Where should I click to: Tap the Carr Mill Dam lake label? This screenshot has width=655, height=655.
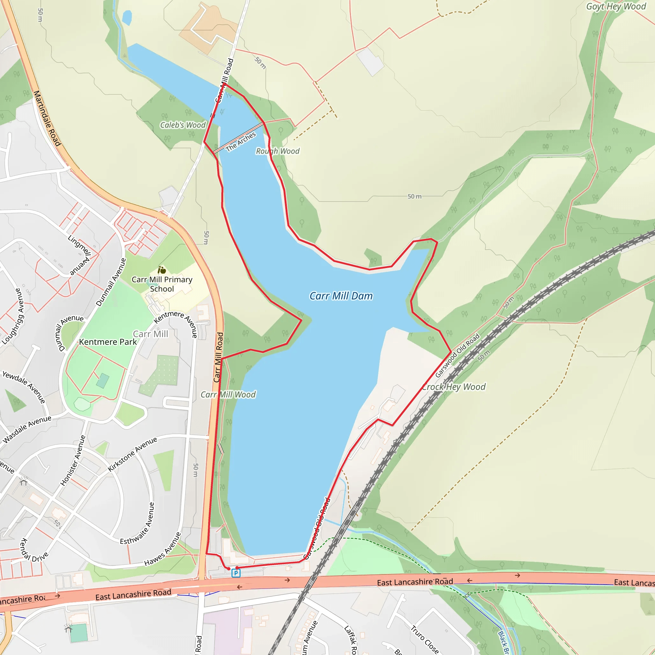click(341, 296)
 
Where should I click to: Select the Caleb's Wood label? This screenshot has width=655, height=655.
click(183, 125)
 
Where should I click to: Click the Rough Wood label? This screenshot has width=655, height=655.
click(278, 151)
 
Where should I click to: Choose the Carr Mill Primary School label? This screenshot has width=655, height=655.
click(162, 284)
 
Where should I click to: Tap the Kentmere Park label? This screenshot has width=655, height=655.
click(108, 342)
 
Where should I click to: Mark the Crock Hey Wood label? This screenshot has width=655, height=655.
click(454, 387)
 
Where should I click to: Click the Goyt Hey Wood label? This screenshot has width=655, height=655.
click(616, 6)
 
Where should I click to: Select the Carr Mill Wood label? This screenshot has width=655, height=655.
click(228, 395)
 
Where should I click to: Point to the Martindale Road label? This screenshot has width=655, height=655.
click(47, 118)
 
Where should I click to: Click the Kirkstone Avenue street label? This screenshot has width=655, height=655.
click(132, 454)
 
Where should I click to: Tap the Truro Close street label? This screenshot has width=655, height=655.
click(424, 639)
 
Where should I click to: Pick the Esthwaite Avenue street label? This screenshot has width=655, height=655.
click(137, 524)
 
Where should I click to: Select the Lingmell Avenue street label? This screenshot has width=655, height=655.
click(79, 255)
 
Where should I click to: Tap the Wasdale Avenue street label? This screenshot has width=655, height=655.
click(27, 429)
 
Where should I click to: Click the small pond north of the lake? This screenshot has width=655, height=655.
click(127, 18)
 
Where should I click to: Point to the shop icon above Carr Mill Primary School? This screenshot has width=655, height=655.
click(162, 270)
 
